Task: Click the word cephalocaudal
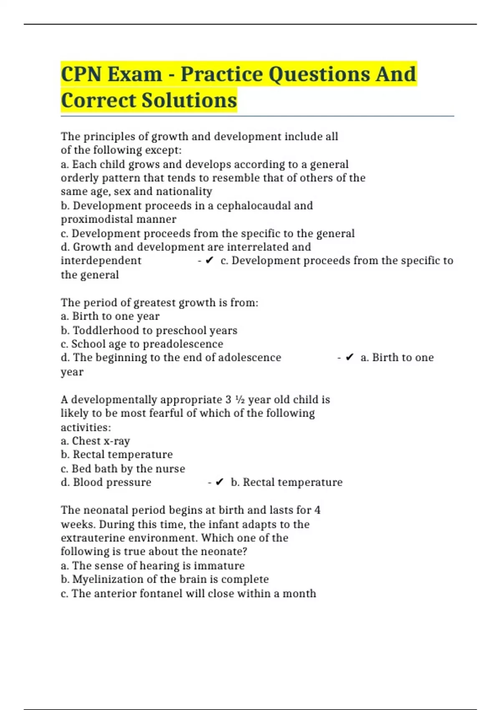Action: pyautogui.click(x=253, y=205)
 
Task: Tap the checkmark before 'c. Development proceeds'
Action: pyautogui.click(x=210, y=260)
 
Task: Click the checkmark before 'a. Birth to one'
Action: pyautogui.click(x=349, y=358)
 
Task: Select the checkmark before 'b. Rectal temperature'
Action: pyautogui.click(x=220, y=482)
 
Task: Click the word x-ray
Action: pyautogui.click(x=116, y=441)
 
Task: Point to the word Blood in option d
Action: pyautogui.click(x=87, y=482)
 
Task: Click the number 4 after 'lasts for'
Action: pyautogui.click(x=317, y=510)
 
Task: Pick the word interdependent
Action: pyautogui.click(x=101, y=261)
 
